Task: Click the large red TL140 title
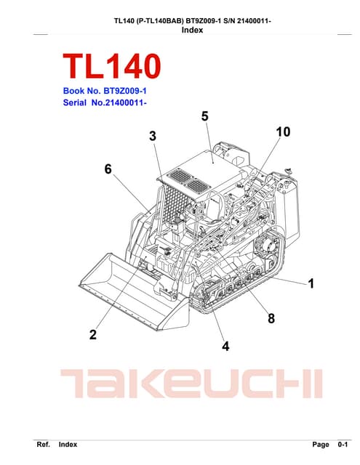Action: point(111,66)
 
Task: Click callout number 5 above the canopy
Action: point(204,116)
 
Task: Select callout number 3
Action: point(153,136)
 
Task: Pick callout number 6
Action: point(108,169)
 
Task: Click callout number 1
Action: point(311,283)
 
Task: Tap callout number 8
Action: point(271,318)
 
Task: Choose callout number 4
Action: point(225,347)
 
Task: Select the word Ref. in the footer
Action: point(43,444)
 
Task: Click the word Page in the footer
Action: point(320,444)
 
